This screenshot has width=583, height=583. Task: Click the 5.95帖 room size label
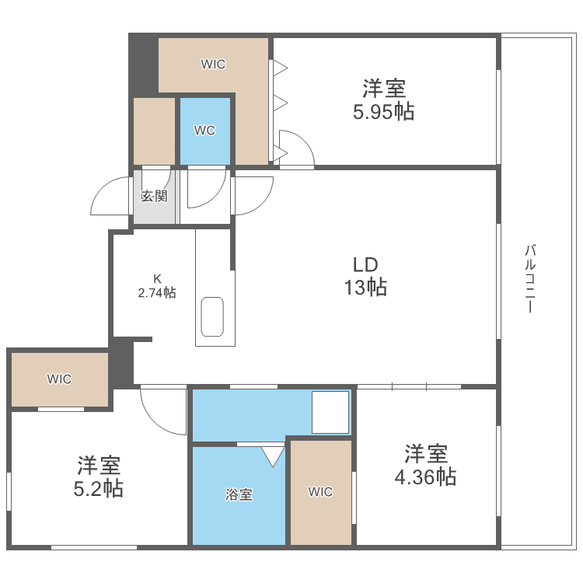click(383, 112)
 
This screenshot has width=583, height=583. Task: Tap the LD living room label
click(365, 264)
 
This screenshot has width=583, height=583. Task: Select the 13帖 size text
click(365, 288)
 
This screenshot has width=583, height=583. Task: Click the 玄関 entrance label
click(154, 196)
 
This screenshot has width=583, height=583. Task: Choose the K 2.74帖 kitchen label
click(157, 286)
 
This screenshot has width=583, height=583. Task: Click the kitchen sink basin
click(211, 316)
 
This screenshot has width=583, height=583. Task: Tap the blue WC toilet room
click(205, 131)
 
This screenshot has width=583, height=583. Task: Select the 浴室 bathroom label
click(239, 494)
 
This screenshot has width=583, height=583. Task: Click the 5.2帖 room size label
click(99, 489)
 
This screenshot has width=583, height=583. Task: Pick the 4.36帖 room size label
click(425, 476)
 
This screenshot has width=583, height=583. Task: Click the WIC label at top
click(213, 65)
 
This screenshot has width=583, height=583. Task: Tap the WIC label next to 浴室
click(320, 491)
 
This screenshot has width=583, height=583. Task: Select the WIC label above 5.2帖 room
click(59, 379)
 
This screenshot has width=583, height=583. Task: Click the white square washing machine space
click(330, 412)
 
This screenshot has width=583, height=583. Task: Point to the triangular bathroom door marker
click(273, 455)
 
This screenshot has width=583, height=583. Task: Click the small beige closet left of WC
click(154, 131)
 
